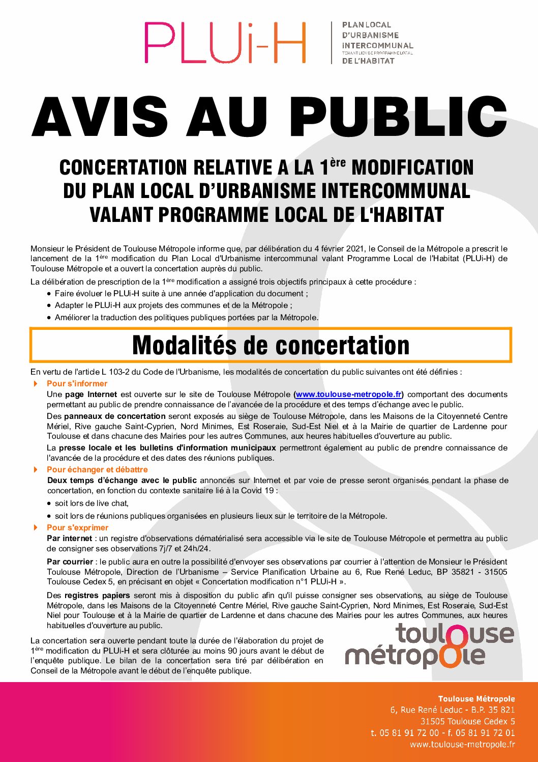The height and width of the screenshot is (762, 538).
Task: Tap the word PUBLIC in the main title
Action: [x=398, y=117]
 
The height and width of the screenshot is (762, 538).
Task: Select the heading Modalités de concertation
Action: [x=271, y=345]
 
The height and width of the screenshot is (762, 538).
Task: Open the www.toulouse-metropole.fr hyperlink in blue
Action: [x=349, y=394]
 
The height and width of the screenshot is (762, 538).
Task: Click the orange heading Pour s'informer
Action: [x=77, y=383]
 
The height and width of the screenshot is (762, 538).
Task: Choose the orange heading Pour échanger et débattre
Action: [x=97, y=469]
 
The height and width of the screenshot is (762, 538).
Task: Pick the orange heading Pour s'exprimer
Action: [x=77, y=527]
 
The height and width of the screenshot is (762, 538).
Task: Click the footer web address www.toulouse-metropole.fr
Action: [x=462, y=745]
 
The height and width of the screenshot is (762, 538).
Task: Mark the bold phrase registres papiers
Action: [x=97, y=595]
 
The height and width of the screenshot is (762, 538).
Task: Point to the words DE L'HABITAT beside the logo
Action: [x=368, y=61]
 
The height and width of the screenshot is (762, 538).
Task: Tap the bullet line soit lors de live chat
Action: [x=92, y=503]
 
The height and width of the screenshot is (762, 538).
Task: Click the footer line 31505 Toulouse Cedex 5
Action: [x=467, y=721]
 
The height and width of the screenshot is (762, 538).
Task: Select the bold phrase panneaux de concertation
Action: [x=115, y=416]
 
